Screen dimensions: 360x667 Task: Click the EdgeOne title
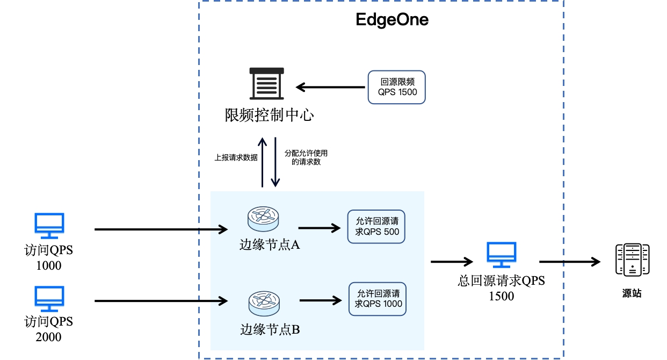click(x=392, y=20)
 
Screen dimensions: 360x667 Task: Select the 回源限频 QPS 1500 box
click(x=396, y=87)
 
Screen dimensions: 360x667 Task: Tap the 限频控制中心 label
click(x=269, y=115)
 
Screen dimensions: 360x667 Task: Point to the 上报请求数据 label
click(x=236, y=157)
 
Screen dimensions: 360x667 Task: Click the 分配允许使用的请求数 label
click(x=306, y=157)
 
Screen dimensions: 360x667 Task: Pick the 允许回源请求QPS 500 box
click(x=376, y=226)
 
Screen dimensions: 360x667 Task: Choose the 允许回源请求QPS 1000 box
click(x=378, y=299)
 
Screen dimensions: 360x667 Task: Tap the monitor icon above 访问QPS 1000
click(x=49, y=226)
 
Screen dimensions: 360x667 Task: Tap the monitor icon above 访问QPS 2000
click(x=49, y=299)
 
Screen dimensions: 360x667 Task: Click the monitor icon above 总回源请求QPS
click(x=501, y=255)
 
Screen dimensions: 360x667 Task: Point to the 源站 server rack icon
click(x=632, y=261)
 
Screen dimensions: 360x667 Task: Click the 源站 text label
click(x=632, y=293)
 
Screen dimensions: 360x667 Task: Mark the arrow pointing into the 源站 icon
click(x=569, y=262)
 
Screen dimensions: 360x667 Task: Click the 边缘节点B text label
click(x=270, y=329)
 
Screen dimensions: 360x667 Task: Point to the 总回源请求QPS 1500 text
click(x=501, y=288)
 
